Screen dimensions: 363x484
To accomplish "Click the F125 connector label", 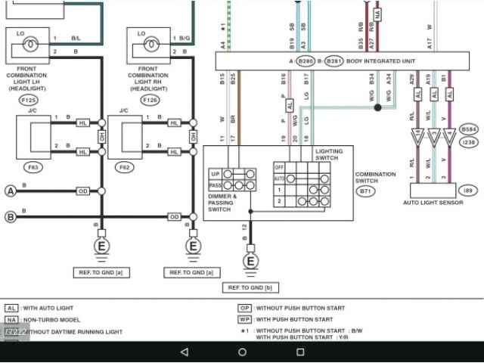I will tap(29, 100).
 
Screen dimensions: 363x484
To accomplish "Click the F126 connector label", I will tap(150, 100).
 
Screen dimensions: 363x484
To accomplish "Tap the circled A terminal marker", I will tap(11, 191).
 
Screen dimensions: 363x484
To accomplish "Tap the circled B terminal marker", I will tap(11, 217).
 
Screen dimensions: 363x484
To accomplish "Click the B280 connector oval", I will tap(306, 60).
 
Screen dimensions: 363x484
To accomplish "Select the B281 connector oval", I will tap(333, 60).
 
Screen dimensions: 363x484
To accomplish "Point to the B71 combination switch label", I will tap(365, 191).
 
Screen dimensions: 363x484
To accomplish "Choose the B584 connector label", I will tap(468, 129).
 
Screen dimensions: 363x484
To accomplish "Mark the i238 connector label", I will tap(468, 141).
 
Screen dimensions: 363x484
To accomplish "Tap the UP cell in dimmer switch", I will tap(215, 173).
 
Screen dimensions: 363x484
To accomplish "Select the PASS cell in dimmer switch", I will tap(215, 185).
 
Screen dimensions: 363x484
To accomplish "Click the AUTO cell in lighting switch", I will tap(279, 178).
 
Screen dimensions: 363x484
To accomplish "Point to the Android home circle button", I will tap(242, 352).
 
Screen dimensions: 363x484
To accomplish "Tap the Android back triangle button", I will tap(185, 352).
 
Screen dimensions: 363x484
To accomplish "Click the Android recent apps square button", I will tap(300, 352).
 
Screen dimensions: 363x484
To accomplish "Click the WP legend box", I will tap(245, 319).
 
